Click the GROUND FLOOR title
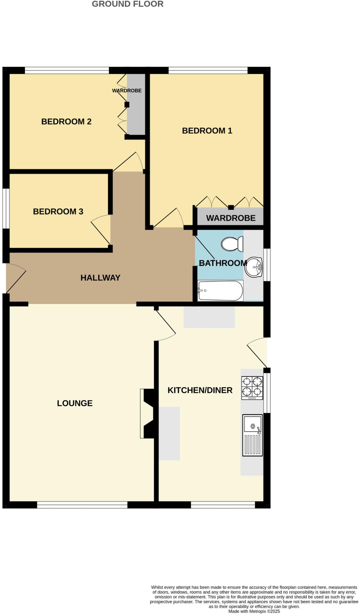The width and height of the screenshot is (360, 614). click(x=127, y=4)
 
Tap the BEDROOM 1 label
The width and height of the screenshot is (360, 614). click(x=207, y=131)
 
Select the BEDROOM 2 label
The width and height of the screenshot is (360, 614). click(x=66, y=121)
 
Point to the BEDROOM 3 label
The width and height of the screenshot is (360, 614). click(x=58, y=211)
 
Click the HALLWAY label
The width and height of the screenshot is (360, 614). click(x=100, y=278)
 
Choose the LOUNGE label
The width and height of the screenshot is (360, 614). click(x=75, y=403)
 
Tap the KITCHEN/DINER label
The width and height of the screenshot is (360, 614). click(x=200, y=390)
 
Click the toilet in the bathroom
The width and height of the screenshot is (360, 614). click(x=232, y=244)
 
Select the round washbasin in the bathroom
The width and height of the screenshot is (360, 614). click(x=253, y=267)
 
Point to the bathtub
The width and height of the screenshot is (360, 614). click(x=220, y=291)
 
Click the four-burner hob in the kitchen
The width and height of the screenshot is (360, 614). click(x=252, y=388)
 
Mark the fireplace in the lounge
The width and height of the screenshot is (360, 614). click(x=147, y=413)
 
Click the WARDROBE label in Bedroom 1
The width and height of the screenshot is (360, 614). click(x=231, y=218)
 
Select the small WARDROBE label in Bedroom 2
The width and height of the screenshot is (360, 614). click(x=127, y=91)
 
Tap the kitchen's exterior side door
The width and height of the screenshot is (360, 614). click(x=257, y=353)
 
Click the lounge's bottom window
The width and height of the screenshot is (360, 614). click(x=82, y=505)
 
